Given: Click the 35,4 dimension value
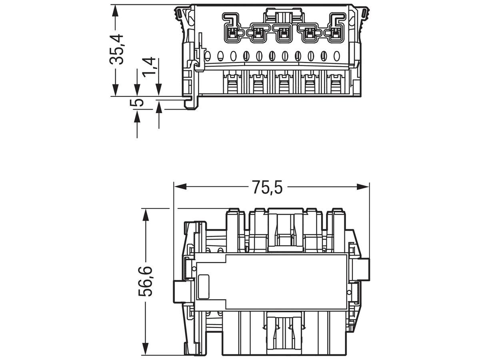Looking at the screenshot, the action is pos(116,49).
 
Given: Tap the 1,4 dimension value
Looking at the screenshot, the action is pos(149,67).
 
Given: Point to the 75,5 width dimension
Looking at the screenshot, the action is pos(267,187).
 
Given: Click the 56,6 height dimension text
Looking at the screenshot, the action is pos(145,281).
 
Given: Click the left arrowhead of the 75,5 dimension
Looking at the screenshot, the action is pos(180,186).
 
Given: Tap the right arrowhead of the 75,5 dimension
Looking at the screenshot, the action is pos(362,186).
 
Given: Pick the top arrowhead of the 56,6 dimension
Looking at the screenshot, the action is pos(145,215).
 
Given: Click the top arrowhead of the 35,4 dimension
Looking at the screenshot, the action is pos(115,11).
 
